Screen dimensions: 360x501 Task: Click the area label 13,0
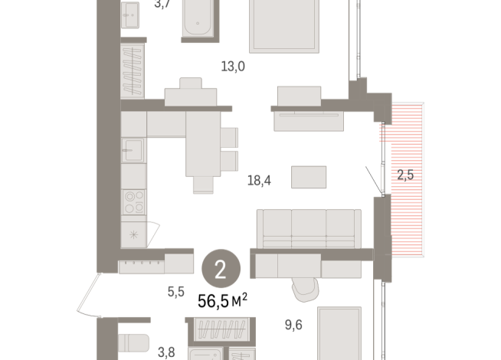(232, 67)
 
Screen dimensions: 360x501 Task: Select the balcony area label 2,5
(405, 175)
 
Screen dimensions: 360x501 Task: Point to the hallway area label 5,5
(175, 292)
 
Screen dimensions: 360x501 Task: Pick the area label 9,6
(293, 325)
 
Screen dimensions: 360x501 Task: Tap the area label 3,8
(166, 352)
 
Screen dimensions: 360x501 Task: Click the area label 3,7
(163, 5)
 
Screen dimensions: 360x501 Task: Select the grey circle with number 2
(221, 268)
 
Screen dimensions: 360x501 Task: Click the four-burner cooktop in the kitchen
(134, 202)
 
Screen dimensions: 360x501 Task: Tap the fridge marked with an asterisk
(135, 234)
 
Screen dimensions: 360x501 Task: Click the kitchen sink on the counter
(134, 149)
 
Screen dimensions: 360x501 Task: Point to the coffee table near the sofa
(307, 176)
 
